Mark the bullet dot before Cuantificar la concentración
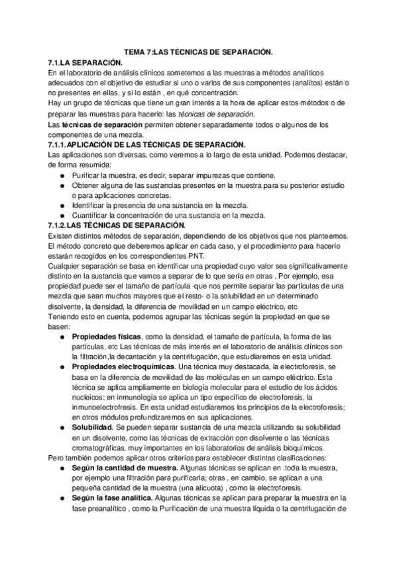pos(62,216)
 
